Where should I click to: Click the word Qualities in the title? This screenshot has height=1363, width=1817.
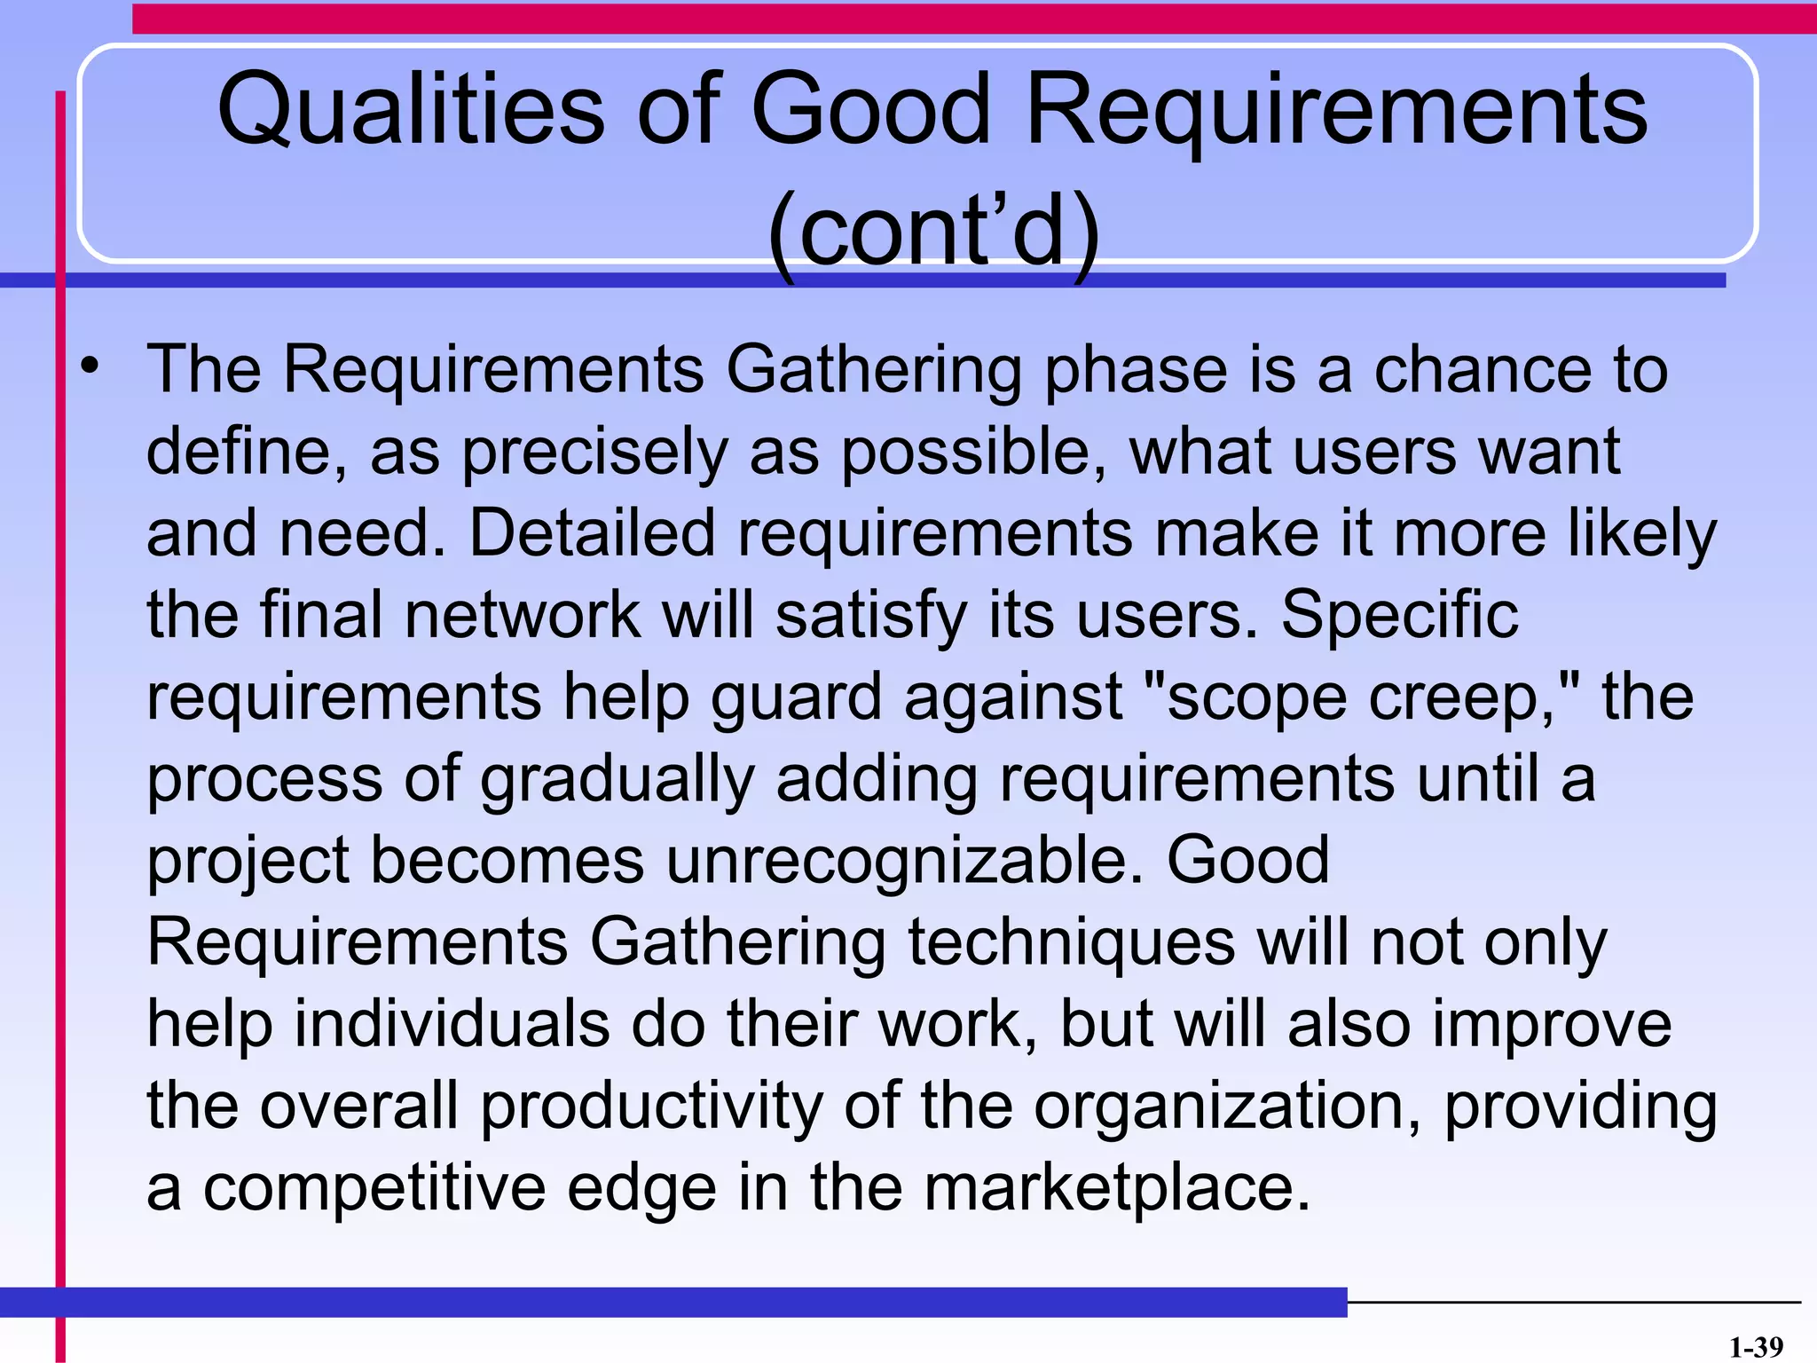(x=410, y=111)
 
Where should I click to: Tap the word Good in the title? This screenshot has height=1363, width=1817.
(x=870, y=111)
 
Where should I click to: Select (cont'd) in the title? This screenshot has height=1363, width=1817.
(x=933, y=231)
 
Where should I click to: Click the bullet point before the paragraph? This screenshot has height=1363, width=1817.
(x=90, y=366)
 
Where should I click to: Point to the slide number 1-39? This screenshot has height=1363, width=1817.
(x=1755, y=1347)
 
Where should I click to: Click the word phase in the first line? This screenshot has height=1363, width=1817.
(x=1136, y=370)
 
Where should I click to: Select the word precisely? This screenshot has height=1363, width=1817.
(x=595, y=453)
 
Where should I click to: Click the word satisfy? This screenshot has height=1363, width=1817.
(x=870, y=616)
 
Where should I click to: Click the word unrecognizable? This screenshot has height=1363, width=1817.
(x=903, y=861)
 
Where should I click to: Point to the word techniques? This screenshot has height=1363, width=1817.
(x=1071, y=942)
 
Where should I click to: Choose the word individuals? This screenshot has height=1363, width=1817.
(x=452, y=1024)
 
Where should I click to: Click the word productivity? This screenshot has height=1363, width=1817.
(x=651, y=1107)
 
